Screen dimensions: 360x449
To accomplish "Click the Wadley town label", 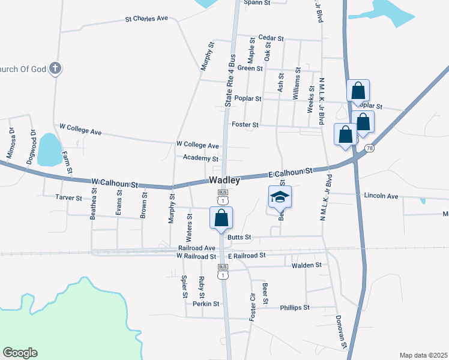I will [x=225, y=180].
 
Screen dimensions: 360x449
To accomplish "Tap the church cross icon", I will [x=55, y=68].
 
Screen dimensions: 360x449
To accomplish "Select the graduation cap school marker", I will [x=279, y=197].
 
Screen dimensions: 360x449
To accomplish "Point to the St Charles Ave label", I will [x=146, y=19].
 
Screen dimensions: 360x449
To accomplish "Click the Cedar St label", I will [x=270, y=38].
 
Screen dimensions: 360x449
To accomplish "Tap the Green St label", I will [x=250, y=68].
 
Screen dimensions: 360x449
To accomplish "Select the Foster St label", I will [x=244, y=125].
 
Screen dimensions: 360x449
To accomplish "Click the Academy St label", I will [x=200, y=158].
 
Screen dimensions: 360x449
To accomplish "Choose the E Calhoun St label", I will [x=291, y=172].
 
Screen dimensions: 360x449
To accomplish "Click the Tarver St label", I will [x=68, y=197].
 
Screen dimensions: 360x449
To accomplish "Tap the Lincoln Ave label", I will [x=381, y=196].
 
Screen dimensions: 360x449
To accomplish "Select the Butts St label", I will [x=238, y=238].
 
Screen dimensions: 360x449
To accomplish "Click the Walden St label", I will [x=306, y=265].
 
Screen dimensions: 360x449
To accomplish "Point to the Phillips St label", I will [x=294, y=308].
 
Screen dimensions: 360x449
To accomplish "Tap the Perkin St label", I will [x=206, y=304].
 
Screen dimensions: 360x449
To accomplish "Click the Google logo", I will [x=20, y=353].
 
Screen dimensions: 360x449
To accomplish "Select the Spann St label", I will [x=257, y=3].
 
